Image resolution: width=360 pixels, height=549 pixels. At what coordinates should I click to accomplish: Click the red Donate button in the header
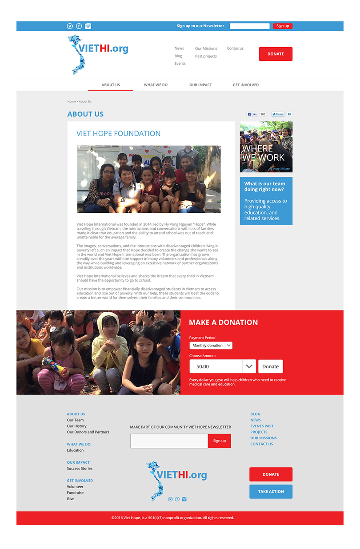(x=276, y=54)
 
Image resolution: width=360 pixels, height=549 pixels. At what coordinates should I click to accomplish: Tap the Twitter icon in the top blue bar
(x=70, y=26)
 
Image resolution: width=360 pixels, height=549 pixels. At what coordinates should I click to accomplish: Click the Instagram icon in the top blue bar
(x=88, y=26)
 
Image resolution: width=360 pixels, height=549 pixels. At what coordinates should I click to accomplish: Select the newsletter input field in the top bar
(x=249, y=26)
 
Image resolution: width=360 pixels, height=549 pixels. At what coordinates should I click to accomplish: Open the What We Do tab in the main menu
(x=156, y=85)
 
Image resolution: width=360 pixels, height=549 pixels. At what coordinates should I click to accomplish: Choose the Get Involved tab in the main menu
(x=245, y=85)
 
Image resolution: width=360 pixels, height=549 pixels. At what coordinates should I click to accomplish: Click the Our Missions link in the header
(x=206, y=49)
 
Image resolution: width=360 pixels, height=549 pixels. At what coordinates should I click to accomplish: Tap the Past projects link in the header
(x=206, y=56)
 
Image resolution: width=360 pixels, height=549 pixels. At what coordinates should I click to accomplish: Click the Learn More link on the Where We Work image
(x=280, y=169)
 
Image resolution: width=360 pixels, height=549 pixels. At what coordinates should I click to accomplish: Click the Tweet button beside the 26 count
(x=278, y=114)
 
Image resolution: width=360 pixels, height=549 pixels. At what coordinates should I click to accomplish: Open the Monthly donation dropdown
(x=211, y=346)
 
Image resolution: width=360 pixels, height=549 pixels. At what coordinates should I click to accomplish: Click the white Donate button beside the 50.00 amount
(x=270, y=366)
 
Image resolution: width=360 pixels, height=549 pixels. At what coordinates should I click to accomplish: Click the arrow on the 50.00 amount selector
(x=249, y=366)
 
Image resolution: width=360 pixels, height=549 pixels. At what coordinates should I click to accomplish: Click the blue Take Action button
(x=271, y=492)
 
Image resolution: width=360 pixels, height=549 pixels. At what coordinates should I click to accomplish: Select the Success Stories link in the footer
(x=80, y=469)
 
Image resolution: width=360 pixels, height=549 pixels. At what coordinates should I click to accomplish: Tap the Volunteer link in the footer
(x=75, y=487)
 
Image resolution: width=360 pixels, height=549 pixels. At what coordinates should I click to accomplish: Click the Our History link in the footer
(x=76, y=426)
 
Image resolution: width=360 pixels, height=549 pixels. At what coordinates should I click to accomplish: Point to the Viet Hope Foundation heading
(x=119, y=134)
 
